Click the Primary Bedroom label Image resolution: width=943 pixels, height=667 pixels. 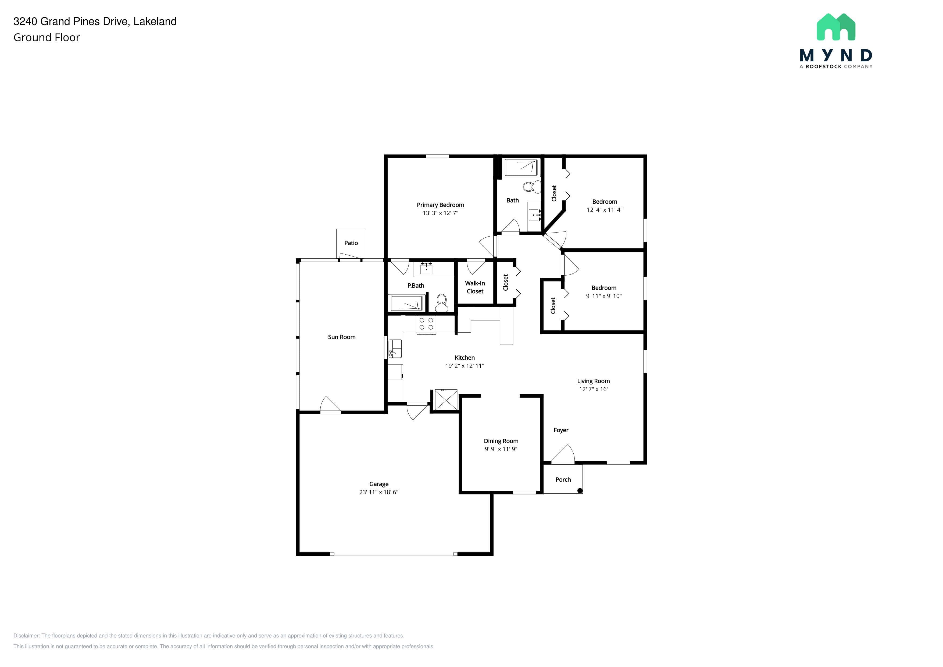[440, 205]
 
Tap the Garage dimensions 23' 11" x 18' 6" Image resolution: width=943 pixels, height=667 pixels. [379, 492]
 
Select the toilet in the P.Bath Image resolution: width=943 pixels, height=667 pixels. [441, 303]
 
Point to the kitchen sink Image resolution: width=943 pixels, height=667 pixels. [395, 348]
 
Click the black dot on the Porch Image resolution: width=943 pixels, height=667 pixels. [580, 490]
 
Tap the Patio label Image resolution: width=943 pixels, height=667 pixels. [351, 243]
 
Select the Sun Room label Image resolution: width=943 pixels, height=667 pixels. [342, 337]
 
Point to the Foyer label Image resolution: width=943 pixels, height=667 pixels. [561, 430]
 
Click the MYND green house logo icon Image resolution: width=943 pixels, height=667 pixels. [836, 27]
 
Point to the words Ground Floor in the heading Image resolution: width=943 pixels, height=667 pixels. [47, 37]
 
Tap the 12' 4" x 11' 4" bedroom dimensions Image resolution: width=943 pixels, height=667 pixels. [605, 209]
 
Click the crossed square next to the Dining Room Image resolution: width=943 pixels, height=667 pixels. [446, 400]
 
